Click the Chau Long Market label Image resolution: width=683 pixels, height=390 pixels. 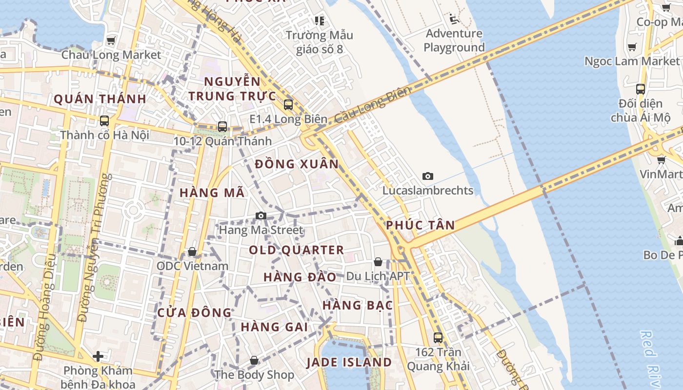tap(111, 55)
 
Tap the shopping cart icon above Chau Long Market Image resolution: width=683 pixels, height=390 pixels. tap(111, 40)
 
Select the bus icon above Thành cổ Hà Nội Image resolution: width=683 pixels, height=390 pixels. tap(104, 120)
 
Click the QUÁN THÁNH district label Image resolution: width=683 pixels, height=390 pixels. tap(100, 99)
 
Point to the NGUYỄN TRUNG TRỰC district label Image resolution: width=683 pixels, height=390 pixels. tap(232, 89)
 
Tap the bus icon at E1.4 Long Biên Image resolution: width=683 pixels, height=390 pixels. tap(288, 104)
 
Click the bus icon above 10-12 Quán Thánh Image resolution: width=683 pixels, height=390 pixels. tap(222, 126)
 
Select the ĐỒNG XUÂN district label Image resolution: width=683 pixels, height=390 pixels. tap(297, 164)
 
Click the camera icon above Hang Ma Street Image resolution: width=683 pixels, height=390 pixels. tap(261, 215)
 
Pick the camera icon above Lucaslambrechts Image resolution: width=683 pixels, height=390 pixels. tap(428, 176)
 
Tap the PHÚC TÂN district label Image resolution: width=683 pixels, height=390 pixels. tap(420, 225)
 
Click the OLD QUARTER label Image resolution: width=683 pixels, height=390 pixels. tap(297, 250)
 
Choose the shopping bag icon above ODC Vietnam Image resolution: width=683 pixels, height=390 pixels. tap(192, 252)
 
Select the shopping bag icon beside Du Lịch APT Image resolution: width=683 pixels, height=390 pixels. tap(378, 262)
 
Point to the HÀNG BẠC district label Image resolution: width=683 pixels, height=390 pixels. tap(358, 306)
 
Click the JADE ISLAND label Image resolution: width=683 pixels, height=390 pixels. tap(349, 362)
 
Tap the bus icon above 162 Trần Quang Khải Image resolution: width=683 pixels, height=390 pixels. tap(438, 337)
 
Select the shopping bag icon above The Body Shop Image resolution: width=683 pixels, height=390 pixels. tap(254, 361)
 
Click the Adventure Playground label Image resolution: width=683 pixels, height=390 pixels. tap(454, 40)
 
